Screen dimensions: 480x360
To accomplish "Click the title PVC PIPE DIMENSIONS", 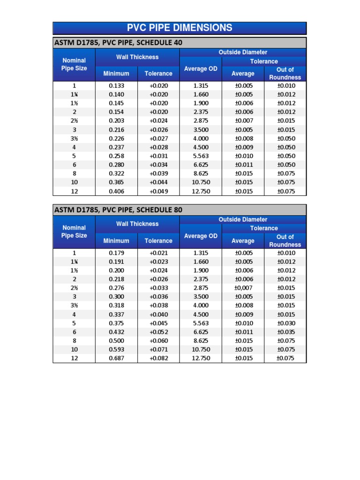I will (x=180, y=28).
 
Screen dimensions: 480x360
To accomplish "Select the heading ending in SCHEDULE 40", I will (x=119, y=43).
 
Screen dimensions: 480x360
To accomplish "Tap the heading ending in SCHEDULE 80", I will (x=119, y=210).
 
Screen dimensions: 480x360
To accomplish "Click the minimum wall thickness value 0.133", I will (x=116, y=86).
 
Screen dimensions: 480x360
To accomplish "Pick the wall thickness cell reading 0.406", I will (x=116, y=191).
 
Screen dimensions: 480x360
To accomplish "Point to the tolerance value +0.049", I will (x=158, y=191).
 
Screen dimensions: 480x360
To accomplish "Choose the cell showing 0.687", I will (x=116, y=358).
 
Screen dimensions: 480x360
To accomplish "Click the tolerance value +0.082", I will (x=158, y=358).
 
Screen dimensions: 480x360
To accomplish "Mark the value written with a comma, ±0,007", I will (x=243, y=288).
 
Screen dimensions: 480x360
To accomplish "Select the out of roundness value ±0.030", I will (x=285, y=323).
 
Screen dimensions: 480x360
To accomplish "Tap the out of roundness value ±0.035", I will (x=285, y=332).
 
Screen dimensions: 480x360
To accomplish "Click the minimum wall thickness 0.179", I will (x=116, y=253).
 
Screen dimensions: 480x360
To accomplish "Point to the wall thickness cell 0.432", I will (x=116, y=332).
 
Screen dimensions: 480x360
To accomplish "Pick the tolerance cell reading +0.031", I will (x=158, y=156).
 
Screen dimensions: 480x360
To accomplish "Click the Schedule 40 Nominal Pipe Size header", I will (x=74, y=64).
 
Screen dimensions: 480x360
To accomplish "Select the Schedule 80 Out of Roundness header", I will (x=285, y=240).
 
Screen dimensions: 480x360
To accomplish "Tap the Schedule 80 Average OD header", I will (x=201, y=236).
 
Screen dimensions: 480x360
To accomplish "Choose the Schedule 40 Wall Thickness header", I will (x=137, y=57).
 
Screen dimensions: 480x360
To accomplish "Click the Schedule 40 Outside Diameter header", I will (x=243, y=52).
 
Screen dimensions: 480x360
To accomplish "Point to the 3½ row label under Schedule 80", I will (x=74, y=306).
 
